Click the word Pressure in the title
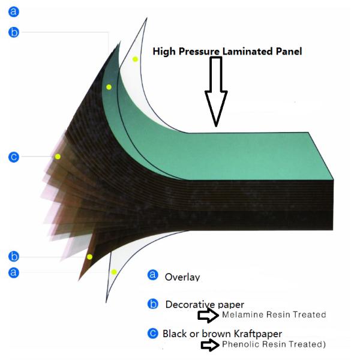pyautogui.click(x=199, y=52)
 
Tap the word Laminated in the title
pyautogui.click(x=248, y=51)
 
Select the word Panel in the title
pyautogui.click(x=289, y=51)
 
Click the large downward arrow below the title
pyautogui.click(x=216, y=92)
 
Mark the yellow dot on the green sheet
pyautogui.click(x=109, y=87)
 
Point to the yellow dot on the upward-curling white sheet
pyautogui.click(x=135, y=59)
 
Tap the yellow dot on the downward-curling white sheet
pyautogui.click(x=114, y=272)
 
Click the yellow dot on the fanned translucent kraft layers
pyautogui.click(x=58, y=157)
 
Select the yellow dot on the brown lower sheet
pyautogui.click(x=89, y=257)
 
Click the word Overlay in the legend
pyautogui.click(x=182, y=277)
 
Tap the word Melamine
pyautogui.click(x=242, y=314)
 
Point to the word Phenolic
pyautogui.click(x=241, y=344)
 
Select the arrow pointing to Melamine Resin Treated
pyautogui.click(x=208, y=316)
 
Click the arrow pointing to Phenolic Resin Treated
pyautogui.click(x=210, y=345)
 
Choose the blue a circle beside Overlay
pyautogui.click(x=152, y=275)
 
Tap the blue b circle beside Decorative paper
pyautogui.click(x=152, y=304)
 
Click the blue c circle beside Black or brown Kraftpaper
pyautogui.click(x=152, y=334)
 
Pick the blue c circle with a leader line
pyautogui.click(x=14, y=157)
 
